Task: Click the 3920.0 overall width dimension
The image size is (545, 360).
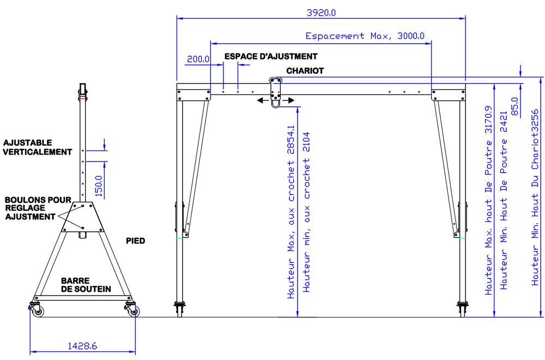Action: pyautogui.click(x=322, y=12)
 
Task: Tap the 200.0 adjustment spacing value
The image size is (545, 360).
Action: pyautogui.click(x=198, y=59)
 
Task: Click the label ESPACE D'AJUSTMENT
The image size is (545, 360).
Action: pyautogui.click(x=271, y=56)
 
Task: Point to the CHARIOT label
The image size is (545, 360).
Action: pyautogui.click(x=305, y=71)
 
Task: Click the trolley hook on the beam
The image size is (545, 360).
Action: pyautogui.click(x=276, y=101)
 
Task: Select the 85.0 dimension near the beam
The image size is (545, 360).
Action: pyautogui.click(x=515, y=102)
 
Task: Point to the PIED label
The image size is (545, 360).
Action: pyautogui.click(x=135, y=240)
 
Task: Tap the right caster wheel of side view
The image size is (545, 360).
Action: pyautogui.click(x=132, y=311)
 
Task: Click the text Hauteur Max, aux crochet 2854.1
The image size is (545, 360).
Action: pyautogui.click(x=291, y=214)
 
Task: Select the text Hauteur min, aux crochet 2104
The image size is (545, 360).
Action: pyautogui.click(x=306, y=212)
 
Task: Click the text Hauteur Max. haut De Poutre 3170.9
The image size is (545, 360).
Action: pyautogui.click(x=489, y=200)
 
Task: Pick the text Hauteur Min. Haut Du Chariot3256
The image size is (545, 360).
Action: pyautogui.click(x=535, y=200)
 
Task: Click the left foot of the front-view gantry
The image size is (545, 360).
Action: pyautogui.click(x=179, y=309)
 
